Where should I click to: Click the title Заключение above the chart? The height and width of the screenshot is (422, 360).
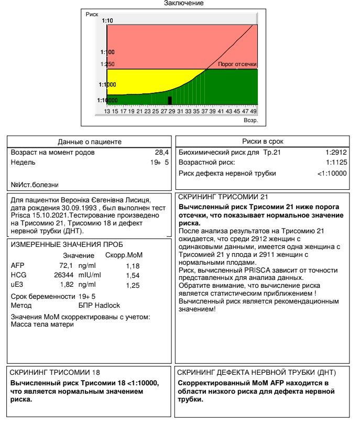[180, 4]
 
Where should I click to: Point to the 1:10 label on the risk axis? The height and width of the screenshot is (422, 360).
[107, 20]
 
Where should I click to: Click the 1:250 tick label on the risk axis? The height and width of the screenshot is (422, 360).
[108, 64]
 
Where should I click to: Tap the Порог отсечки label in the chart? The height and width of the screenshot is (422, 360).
[237, 64]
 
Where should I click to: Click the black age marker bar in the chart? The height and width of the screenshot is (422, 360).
[169, 100]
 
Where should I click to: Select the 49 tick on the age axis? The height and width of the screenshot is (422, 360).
[253, 111]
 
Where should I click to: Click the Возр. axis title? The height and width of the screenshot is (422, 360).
[251, 120]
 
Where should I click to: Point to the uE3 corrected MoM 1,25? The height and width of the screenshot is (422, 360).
[134, 286]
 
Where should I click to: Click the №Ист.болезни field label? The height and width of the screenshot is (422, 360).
[34, 184]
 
